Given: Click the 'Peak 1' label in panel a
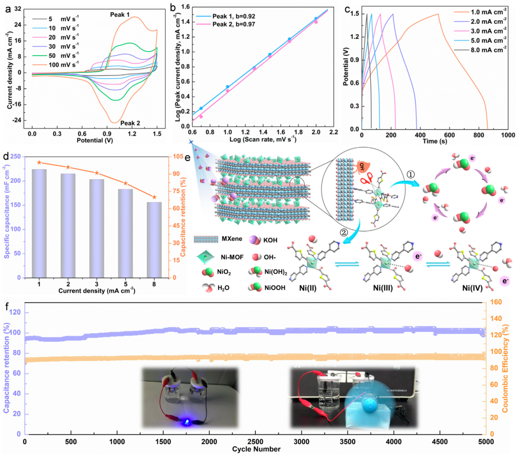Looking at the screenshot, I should (x=120, y=15).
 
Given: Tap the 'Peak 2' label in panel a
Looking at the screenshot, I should (x=130, y=123).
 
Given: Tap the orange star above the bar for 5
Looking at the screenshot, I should (x=125, y=183).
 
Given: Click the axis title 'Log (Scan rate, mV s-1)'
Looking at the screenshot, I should (x=263, y=139).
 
